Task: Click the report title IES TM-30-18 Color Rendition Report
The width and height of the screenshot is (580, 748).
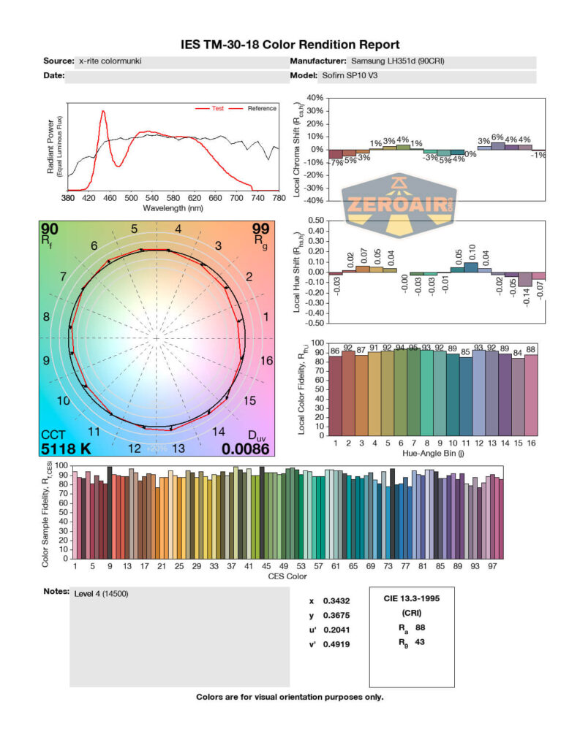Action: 290,45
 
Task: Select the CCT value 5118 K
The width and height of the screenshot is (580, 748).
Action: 66,449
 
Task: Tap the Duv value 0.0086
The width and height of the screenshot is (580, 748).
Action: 245,449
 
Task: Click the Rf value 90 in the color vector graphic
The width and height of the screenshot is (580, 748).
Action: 50,230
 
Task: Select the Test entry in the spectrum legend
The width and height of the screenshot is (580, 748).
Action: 217,109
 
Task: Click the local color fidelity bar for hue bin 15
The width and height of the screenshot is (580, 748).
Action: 519,397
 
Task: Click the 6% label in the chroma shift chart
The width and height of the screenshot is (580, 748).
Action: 497,137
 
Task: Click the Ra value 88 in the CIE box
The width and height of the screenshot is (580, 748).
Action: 420,627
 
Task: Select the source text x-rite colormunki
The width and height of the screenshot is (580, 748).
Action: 110,61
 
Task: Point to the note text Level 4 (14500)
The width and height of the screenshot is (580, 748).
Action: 102,594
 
